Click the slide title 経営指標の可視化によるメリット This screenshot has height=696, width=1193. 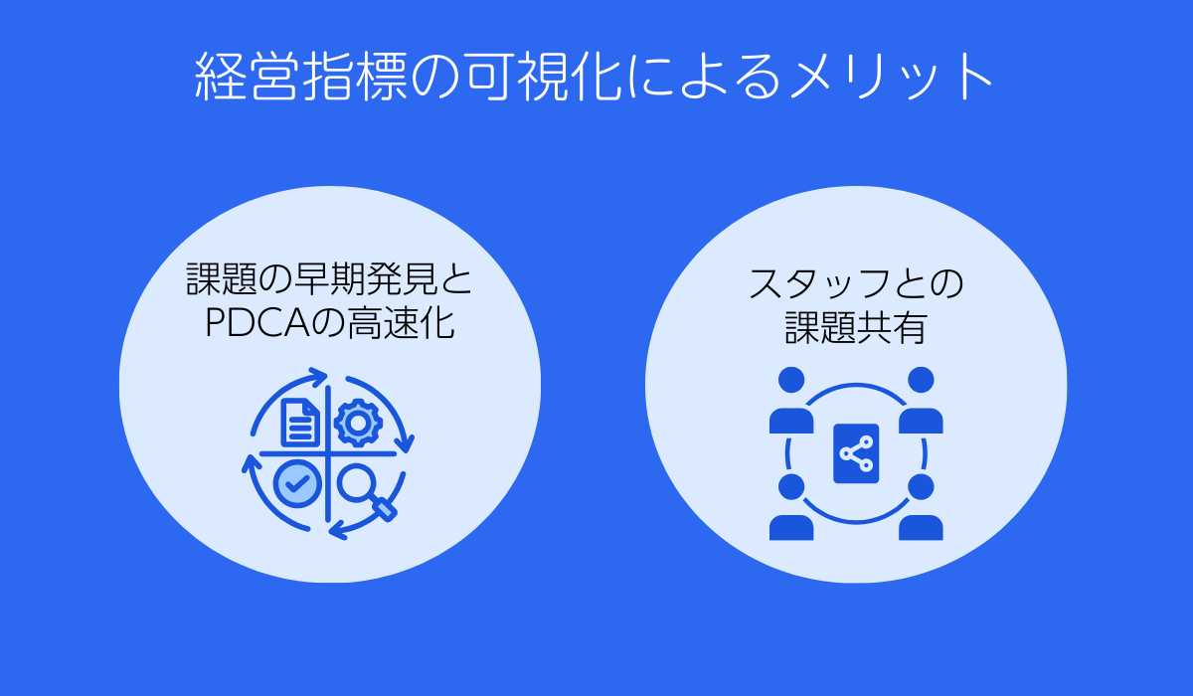pos(595,78)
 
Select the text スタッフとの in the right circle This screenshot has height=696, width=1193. pos(856,285)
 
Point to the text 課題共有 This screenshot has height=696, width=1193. pos(856,328)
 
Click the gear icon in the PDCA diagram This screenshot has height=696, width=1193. pos(358,423)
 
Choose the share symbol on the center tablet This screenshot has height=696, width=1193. pos(856,454)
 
